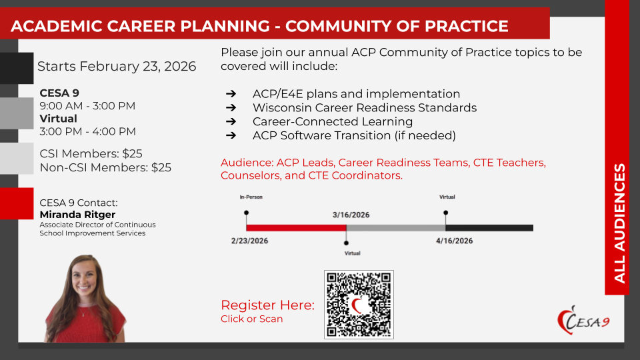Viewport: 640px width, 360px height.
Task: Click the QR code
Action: (x=359, y=305)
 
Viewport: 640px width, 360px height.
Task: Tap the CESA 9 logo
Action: (x=584, y=321)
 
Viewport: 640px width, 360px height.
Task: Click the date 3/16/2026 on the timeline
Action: (x=351, y=215)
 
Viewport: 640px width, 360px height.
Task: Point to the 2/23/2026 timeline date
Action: (x=249, y=241)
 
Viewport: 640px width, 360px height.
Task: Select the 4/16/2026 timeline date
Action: (x=454, y=241)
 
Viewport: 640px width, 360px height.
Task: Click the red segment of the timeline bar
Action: (x=296, y=228)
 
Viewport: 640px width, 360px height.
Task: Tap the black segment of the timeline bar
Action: (x=489, y=228)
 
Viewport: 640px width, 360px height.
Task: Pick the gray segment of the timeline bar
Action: (x=396, y=228)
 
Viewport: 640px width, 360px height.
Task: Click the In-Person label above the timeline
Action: (x=251, y=197)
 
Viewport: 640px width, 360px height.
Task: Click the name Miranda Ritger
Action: (x=77, y=215)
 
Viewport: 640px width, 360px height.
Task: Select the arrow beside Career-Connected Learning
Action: (x=231, y=121)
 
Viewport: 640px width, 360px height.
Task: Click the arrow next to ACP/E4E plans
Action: (x=231, y=94)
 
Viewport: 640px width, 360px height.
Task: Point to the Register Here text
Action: (x=268, y=305)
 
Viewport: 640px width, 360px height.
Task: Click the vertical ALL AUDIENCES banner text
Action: (x=619, y=223)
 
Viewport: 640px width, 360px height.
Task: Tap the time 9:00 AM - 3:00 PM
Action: (x=87, y=106)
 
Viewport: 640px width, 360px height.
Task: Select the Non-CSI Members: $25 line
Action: (x=105, y=168)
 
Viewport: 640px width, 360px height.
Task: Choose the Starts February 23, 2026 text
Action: (x=117, y=66)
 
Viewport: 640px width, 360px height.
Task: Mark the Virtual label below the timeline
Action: (x=352, y=253)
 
